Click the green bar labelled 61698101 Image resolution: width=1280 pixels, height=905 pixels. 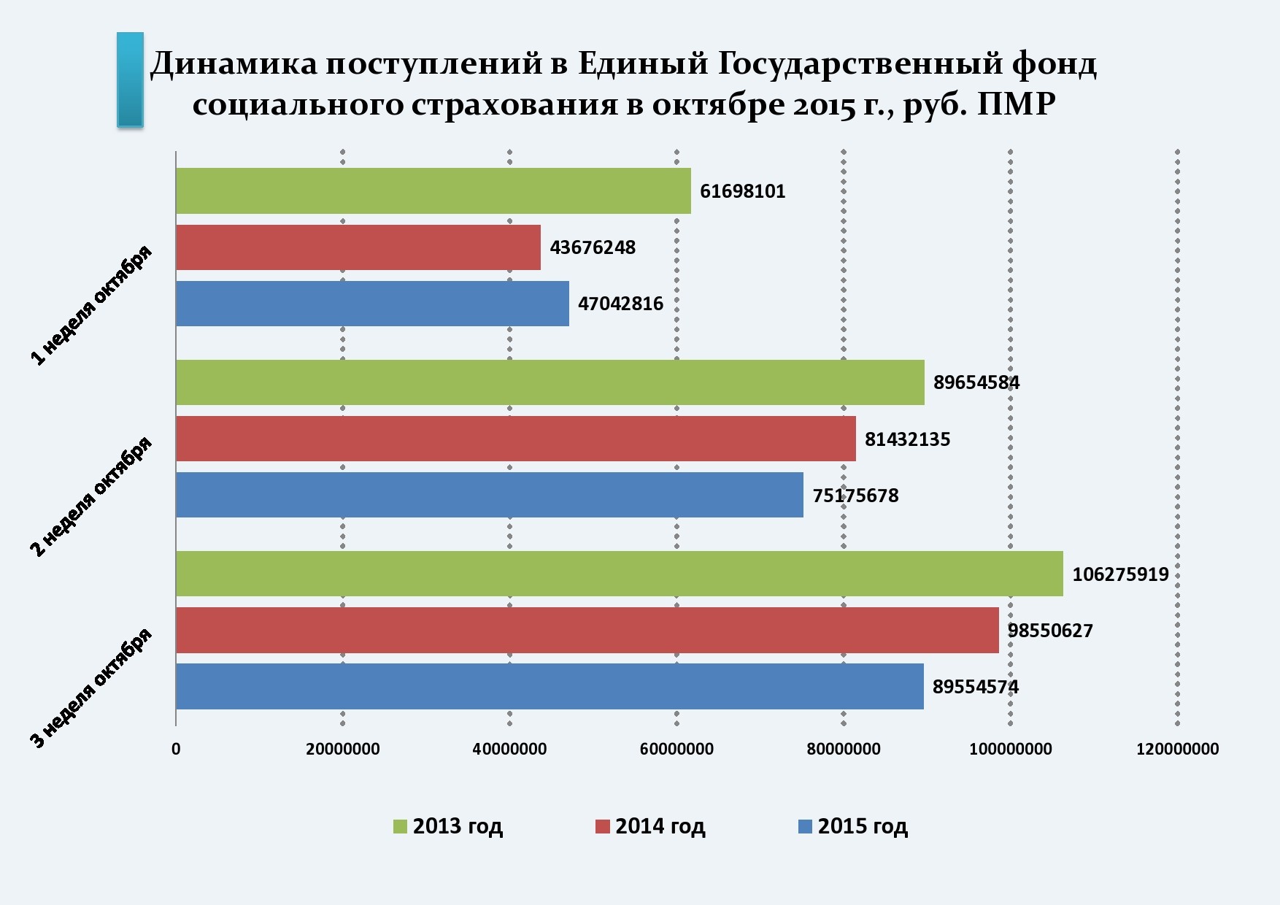433,191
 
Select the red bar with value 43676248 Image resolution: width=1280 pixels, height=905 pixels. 358,247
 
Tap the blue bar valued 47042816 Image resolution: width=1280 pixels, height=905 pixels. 372,304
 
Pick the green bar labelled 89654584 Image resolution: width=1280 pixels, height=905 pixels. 550,382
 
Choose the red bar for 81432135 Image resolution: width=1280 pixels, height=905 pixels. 515,439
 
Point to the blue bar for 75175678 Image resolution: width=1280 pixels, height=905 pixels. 489,495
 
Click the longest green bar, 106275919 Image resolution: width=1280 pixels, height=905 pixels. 619,574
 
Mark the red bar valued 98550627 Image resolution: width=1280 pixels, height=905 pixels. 587,630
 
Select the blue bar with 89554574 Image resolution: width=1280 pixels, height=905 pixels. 550,686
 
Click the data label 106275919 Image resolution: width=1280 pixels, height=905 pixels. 1120,574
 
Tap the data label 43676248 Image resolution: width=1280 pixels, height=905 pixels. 593,247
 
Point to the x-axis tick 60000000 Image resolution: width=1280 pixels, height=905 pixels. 676,749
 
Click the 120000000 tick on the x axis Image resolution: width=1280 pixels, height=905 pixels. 1177,749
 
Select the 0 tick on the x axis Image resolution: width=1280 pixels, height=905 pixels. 176,749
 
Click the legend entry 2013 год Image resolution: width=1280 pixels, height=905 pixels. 457,826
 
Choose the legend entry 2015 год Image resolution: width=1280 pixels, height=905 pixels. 862,826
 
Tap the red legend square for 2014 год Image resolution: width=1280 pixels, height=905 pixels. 602,827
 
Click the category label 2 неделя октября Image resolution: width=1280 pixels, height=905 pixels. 91,496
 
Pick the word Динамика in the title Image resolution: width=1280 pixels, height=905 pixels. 234,64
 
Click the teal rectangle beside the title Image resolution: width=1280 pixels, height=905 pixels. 130,80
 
